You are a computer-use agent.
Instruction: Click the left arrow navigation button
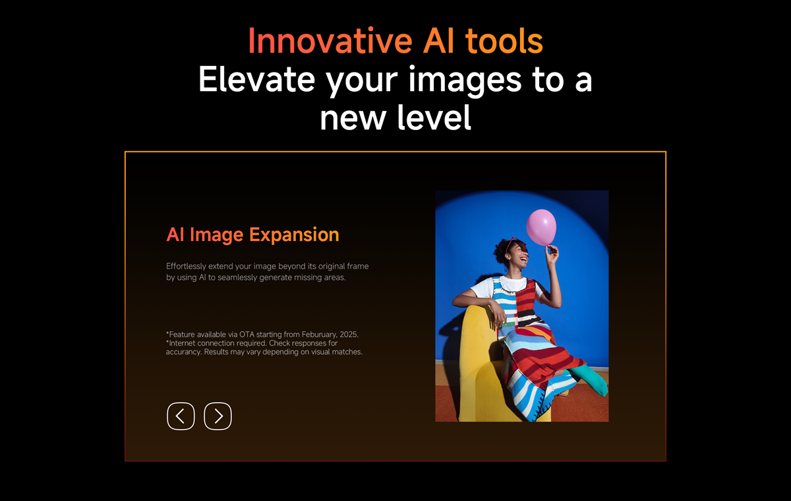pos(181,416)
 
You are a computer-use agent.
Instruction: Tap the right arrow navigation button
pos(218,416)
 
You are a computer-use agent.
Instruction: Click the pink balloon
pos(541,227)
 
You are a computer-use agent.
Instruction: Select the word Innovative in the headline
pos(330,42)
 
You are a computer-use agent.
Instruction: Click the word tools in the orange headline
pos(504,42)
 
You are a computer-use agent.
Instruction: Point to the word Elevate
pos(256,79)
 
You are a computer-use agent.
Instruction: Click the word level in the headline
pos(434,117)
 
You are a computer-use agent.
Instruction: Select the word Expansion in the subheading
pos(294,234)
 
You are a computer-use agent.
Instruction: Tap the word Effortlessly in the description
pos(186,266)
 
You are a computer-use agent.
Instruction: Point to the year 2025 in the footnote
pos(349,334)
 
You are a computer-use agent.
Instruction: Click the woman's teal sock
pos(591,380)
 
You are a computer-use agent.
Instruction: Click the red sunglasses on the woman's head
pos(512,244)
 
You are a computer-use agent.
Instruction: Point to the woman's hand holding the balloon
pos(551,253)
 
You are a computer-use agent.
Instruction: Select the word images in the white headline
pos(465,80)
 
